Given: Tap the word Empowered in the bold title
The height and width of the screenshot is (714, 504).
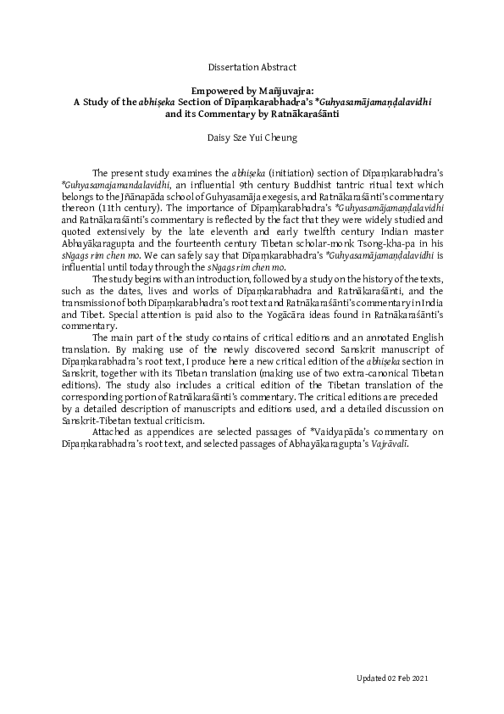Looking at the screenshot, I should [214, 87].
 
